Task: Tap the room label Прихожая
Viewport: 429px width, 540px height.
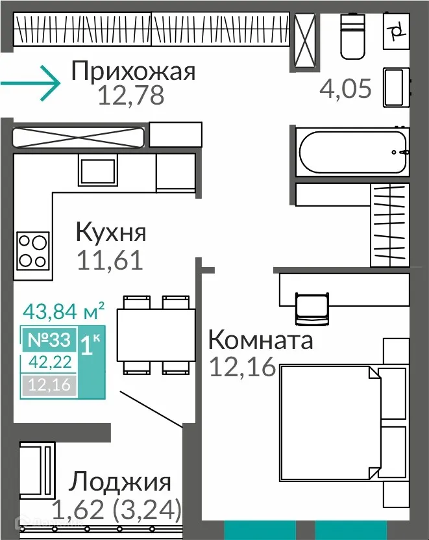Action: click(x=133, y=70)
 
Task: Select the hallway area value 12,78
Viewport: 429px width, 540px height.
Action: click(x=130, y=96)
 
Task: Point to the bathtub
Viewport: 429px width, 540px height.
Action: click(x=352, y=151)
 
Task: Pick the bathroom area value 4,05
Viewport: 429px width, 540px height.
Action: click(x=346, y=88)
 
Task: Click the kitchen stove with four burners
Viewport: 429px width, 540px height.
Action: click(x=32, y=250)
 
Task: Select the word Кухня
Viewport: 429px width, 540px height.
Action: click(x=111, y=232)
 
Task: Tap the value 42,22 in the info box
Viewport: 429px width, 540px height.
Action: click(x=49, y=362)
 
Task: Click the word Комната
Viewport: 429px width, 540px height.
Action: click(x=260, y=339)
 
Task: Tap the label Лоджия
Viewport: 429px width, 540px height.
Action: click(x=121, y=483)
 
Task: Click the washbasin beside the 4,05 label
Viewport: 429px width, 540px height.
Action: click(x=395, y=86)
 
